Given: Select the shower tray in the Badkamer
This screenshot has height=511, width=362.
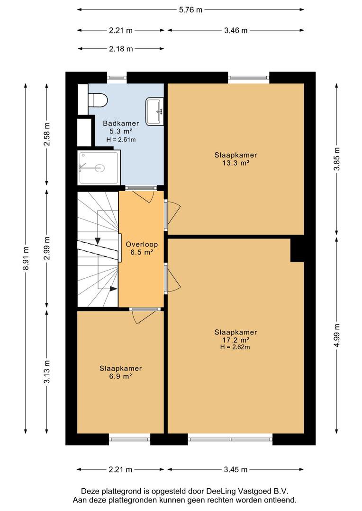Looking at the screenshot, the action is pos(99,167).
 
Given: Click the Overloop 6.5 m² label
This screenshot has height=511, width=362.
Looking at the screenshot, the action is pos(142,248).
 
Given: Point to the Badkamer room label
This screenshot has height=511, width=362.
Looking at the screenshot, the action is pos(121,123).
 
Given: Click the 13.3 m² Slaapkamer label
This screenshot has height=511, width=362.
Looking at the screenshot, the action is pos(235,159).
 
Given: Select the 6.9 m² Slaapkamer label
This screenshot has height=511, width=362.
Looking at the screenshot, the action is pos(120,372).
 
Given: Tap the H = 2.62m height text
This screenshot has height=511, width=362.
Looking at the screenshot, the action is pos(235,347).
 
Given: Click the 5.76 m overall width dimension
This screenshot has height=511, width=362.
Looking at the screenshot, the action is pos(190,10).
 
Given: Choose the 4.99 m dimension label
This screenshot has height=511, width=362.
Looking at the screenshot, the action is pos(337,335).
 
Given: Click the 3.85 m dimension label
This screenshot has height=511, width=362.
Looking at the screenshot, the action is pos(337,159).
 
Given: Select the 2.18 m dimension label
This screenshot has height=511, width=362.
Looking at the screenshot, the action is pos(121,49).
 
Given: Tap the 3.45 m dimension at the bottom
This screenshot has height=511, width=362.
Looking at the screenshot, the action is pos(235,470).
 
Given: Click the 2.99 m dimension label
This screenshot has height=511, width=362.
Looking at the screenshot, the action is pos(47,248).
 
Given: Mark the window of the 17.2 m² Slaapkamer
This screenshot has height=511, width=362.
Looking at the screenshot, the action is pos(230,439).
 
